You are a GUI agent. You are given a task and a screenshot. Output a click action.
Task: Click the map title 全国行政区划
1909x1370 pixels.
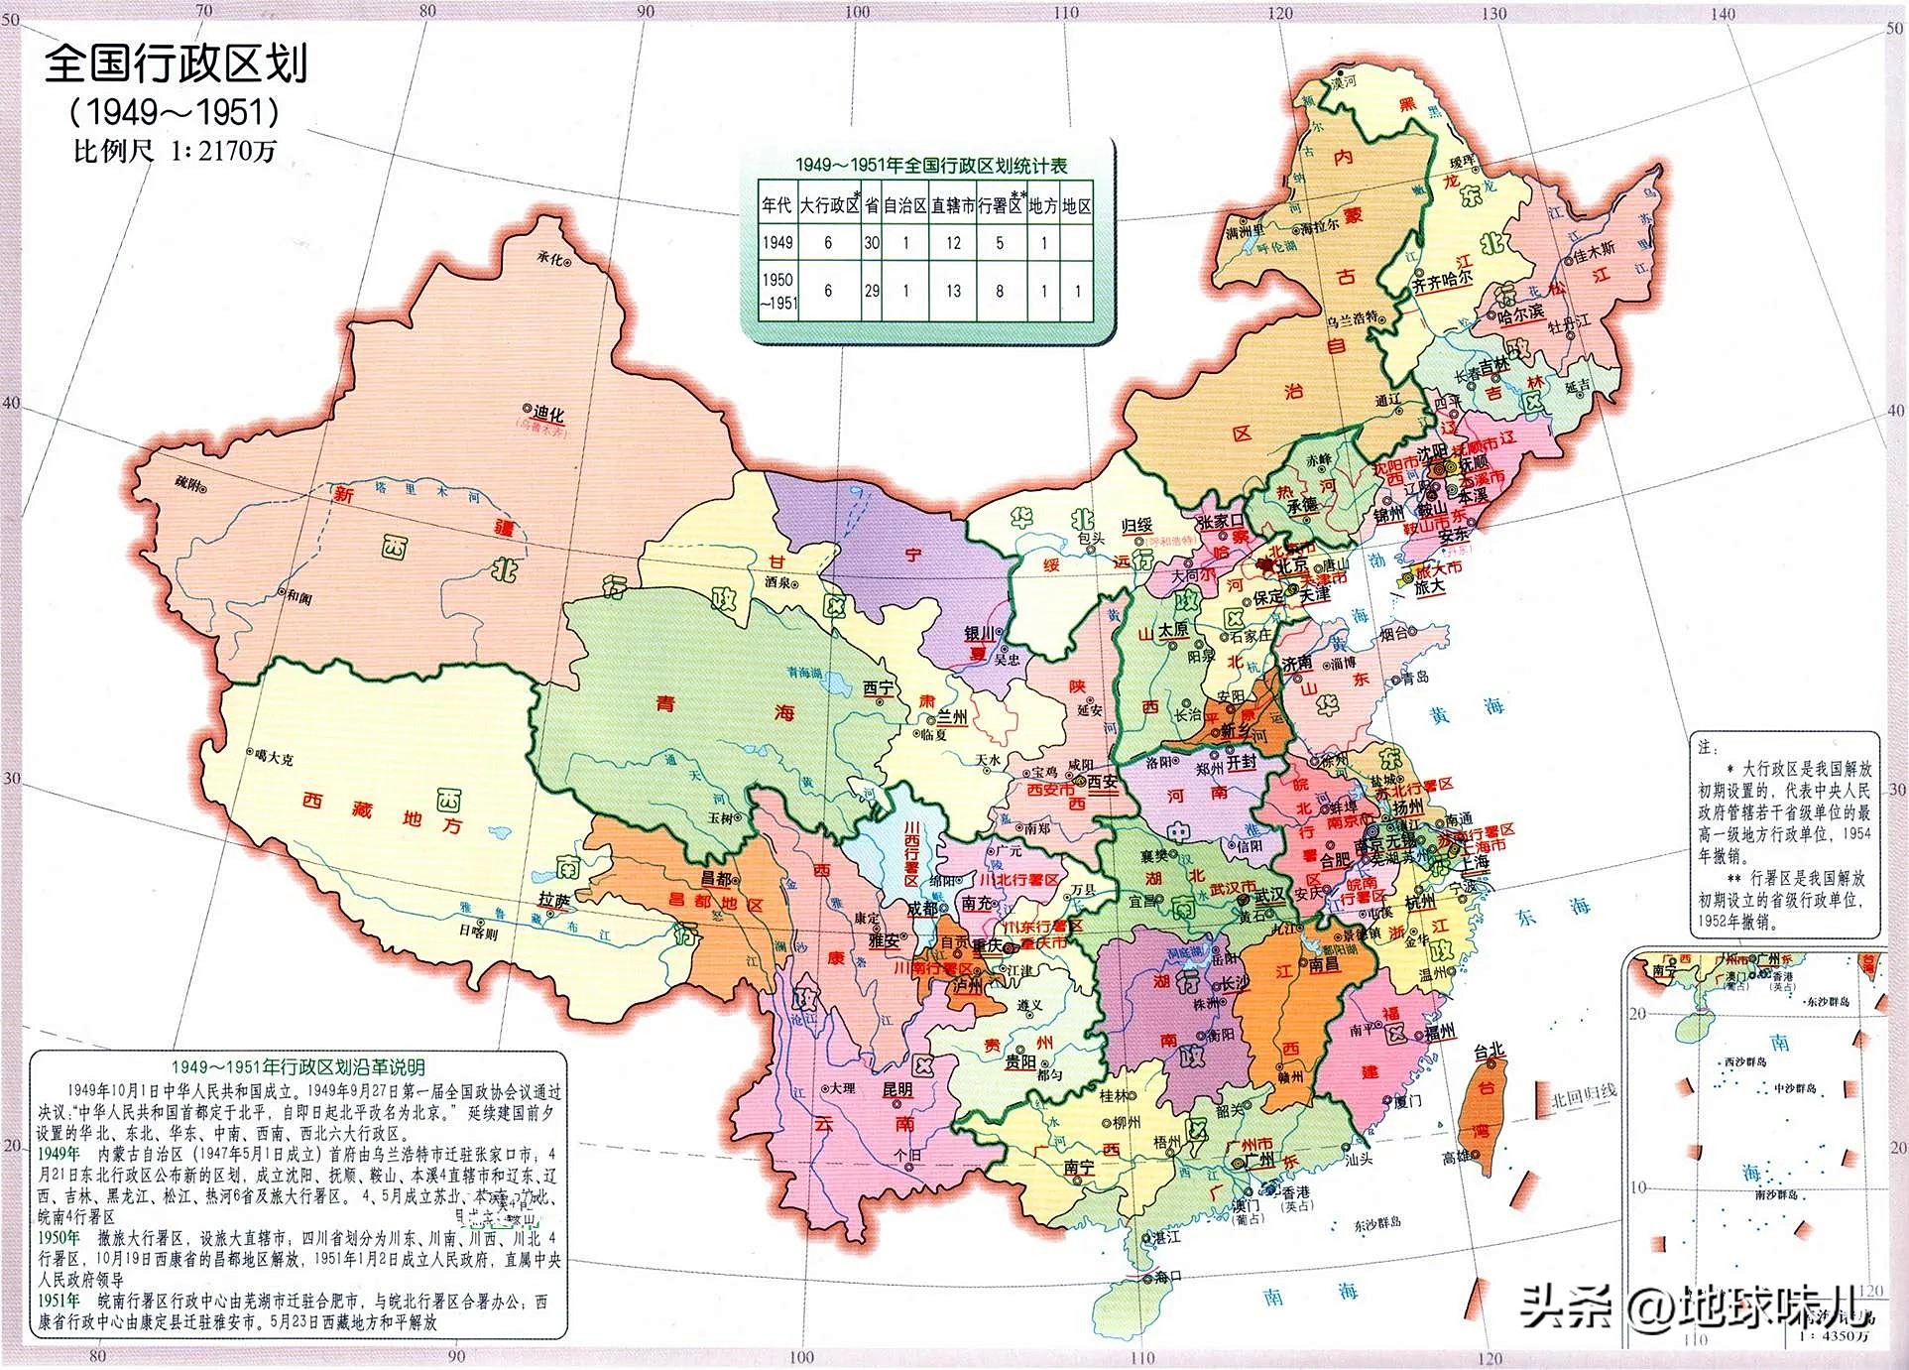(x=177, y=63)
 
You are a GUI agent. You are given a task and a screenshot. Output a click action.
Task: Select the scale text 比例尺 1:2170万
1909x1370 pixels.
(x=175, y=151)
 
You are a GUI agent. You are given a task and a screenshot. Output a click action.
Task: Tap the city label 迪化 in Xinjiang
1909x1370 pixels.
(x=547, y=414)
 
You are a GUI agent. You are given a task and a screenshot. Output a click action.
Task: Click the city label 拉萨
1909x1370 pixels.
(x=555, y=900)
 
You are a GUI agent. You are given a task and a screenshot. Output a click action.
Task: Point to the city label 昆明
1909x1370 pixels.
(x=896, y=1089)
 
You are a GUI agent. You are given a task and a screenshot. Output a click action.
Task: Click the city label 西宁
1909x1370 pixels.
(x=879, y=687)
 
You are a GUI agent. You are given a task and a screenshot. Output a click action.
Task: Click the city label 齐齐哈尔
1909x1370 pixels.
(x=1442, y=281)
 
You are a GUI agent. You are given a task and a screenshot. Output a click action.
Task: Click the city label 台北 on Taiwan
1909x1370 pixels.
(x=1490, y=1050)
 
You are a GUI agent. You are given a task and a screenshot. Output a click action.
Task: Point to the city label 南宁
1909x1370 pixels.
(x=1078, y=1168)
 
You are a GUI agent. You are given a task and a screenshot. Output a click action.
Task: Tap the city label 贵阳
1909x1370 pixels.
(x=1019, y=1061)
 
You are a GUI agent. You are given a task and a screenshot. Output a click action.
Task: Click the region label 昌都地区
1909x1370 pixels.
(x=728, y=905)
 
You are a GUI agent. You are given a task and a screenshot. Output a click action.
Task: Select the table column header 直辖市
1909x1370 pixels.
(x=952, y=206)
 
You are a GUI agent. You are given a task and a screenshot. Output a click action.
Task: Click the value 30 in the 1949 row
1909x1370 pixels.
(x=871, y=242)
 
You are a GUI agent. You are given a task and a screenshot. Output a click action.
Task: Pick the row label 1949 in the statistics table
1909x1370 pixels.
(x=777, y=242)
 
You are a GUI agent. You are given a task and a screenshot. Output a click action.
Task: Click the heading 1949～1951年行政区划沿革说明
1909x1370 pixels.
(x=298, y=1066)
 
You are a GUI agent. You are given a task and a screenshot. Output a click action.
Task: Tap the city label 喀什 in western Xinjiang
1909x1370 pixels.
(x=187, y=483)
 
